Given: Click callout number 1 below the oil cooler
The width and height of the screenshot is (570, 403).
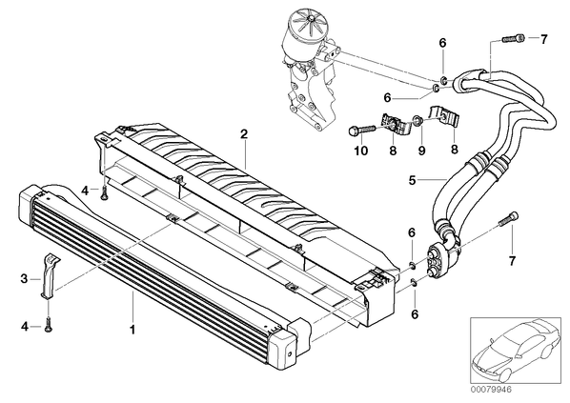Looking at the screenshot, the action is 132,330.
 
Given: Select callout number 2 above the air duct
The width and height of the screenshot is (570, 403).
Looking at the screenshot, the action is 244,134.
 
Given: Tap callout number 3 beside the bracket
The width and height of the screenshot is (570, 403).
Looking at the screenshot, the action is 24,279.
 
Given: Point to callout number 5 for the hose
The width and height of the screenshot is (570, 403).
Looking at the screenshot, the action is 412,180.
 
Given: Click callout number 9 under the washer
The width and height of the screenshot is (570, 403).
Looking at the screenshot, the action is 421,150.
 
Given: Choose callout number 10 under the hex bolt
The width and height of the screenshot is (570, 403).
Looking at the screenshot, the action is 361,150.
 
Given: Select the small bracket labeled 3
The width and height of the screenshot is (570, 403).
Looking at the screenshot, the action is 49,276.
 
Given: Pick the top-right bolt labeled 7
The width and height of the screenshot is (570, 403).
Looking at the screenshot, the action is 514,38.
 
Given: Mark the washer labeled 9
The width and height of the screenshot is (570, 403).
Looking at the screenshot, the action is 417,120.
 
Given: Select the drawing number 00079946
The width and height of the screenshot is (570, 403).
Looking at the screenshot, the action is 490,390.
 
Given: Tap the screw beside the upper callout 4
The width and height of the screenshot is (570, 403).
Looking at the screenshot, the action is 104,193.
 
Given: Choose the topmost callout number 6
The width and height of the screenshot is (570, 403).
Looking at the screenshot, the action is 442,43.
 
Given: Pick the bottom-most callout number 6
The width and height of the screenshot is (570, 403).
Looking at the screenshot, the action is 415,313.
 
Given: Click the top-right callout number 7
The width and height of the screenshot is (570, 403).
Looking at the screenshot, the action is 543,39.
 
